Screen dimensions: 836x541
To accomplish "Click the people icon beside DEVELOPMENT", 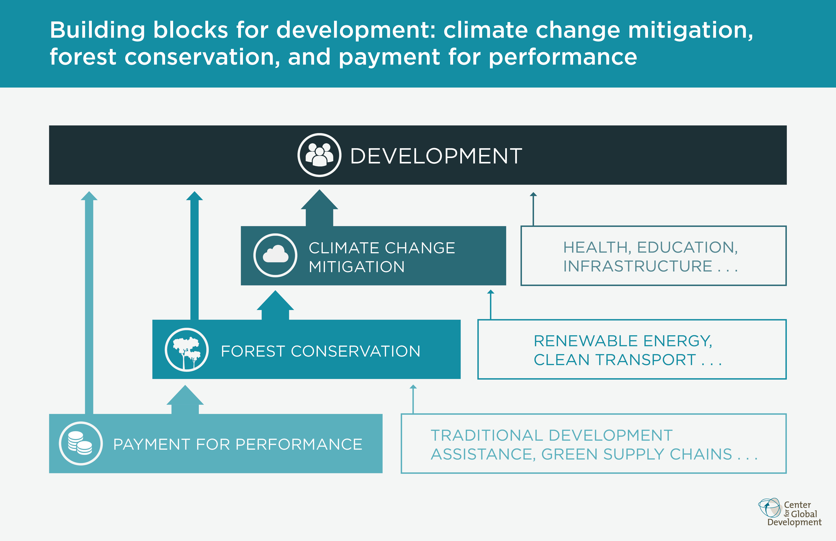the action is (x=319, y=155).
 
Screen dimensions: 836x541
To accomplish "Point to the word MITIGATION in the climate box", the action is (x=357, y=267).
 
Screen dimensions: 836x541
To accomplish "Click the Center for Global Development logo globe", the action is (x=769, y=508).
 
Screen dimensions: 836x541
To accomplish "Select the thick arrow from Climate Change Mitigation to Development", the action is (x=319, y=208).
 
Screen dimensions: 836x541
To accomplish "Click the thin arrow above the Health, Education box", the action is (x=533, y=209).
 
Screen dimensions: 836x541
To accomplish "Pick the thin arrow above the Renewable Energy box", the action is (x=491, y=305).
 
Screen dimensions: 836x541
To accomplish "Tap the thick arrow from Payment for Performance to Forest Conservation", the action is (x=185, y=399).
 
